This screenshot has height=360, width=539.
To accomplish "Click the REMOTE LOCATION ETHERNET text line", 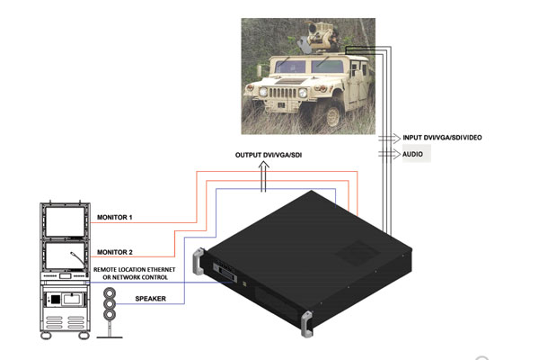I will pyautogui.click(x=142, y=269).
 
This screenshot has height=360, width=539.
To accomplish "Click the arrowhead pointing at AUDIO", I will pyautogui.click(x=397, y=155).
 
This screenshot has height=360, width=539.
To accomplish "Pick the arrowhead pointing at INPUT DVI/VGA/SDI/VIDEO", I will pyautogui.click(x=397, y=137).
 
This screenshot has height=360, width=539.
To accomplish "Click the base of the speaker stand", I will pyautogui.click(x=110, y=337).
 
